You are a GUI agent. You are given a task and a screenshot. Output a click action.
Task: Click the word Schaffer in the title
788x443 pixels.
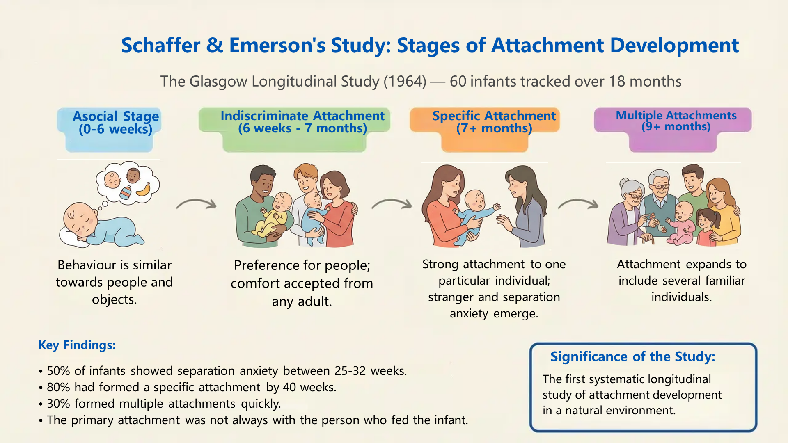160,45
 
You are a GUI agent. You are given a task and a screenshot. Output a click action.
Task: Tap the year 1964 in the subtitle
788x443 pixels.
405,81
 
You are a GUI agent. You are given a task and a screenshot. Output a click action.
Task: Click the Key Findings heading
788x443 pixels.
77,345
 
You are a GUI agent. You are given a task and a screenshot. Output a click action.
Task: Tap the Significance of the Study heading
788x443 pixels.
632,357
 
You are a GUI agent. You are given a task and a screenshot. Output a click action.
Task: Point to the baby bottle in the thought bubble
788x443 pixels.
126,193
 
